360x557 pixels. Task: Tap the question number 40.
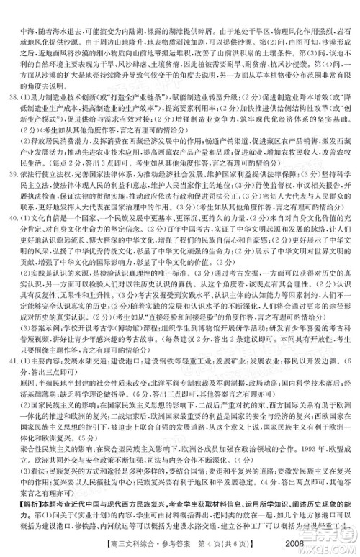[x=11, y=235]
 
